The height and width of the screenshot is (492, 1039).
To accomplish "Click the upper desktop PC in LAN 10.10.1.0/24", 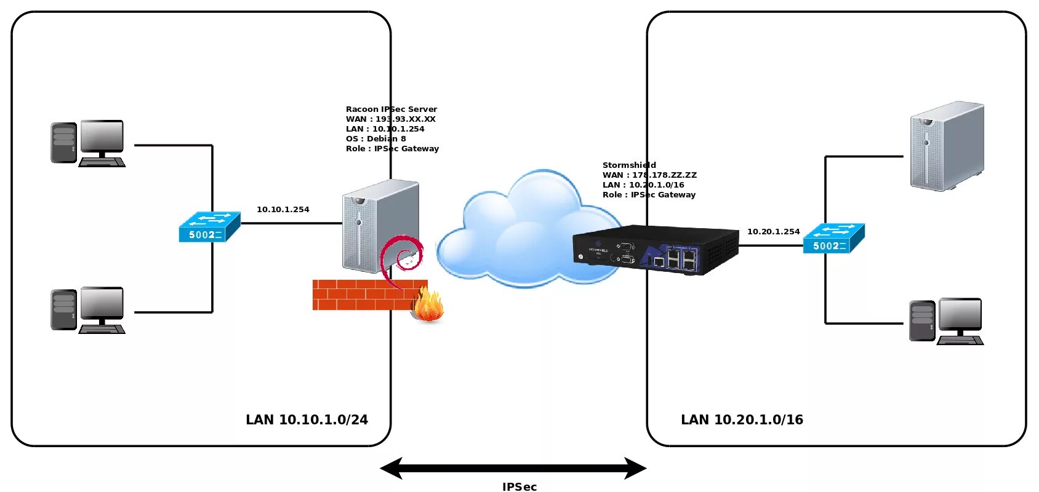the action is click(x=88, y=144).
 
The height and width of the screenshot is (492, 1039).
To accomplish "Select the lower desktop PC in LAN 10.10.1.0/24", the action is click(x=88, y=311).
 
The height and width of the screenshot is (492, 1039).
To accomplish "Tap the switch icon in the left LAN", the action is click(x=210, y=226).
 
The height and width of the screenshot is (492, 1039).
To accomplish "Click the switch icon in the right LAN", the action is click(x=834, y=238).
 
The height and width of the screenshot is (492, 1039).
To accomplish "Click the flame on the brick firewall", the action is click(x=428, y=304).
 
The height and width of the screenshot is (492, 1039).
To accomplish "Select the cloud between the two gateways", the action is click(x=529, y=229).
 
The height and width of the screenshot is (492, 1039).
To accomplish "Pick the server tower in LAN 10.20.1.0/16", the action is click(x=947, y=146).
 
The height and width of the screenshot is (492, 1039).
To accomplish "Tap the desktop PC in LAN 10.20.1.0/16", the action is click(x=946, y=322).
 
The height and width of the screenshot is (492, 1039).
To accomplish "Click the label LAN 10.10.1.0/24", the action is click(x=307, y=419).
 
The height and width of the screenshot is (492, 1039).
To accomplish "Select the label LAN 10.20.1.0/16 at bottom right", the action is click(x=742, y=419).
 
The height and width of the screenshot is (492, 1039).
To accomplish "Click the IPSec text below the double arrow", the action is click(x=519, y=486).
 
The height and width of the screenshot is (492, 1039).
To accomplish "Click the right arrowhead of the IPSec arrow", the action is click(x=635, y=468).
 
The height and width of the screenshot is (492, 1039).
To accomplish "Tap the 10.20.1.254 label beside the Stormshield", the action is click(x=773, y=232).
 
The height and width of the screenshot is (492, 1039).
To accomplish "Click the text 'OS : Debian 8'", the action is click(x=375, y=138).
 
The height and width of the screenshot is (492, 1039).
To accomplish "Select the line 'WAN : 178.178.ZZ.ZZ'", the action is click(x=649, y=175).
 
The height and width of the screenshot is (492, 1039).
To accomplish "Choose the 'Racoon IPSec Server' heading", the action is click(x=391, y=109).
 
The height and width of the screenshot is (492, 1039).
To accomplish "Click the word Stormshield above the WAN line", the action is click(x=629, y=165).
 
